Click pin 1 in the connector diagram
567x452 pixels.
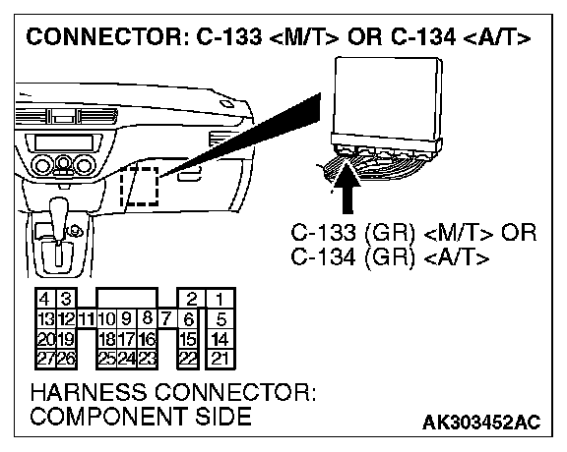(x=220, y=299)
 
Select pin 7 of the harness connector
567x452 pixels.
(x=165, y=318)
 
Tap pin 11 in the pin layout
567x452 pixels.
(x=86, y=319)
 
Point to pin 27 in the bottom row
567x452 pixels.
(x=46, y=359)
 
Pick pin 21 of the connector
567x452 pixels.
(x=220, y=359)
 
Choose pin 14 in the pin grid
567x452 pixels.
(x=220, y=339)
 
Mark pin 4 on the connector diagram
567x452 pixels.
(x=44, y=299)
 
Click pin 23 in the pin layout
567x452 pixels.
(x=148, y=359)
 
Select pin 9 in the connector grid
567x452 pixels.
(x=126, y=318)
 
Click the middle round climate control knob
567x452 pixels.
(x=63, y=165)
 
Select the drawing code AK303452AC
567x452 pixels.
(x=481, y=423)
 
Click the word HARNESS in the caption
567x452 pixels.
(x=89, y=392)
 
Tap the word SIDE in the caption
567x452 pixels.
(x=223, y=416)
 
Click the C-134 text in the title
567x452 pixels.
(x=423, y=36)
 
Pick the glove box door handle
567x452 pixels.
(x=189, y=175)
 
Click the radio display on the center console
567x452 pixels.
(x=64, y=142)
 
